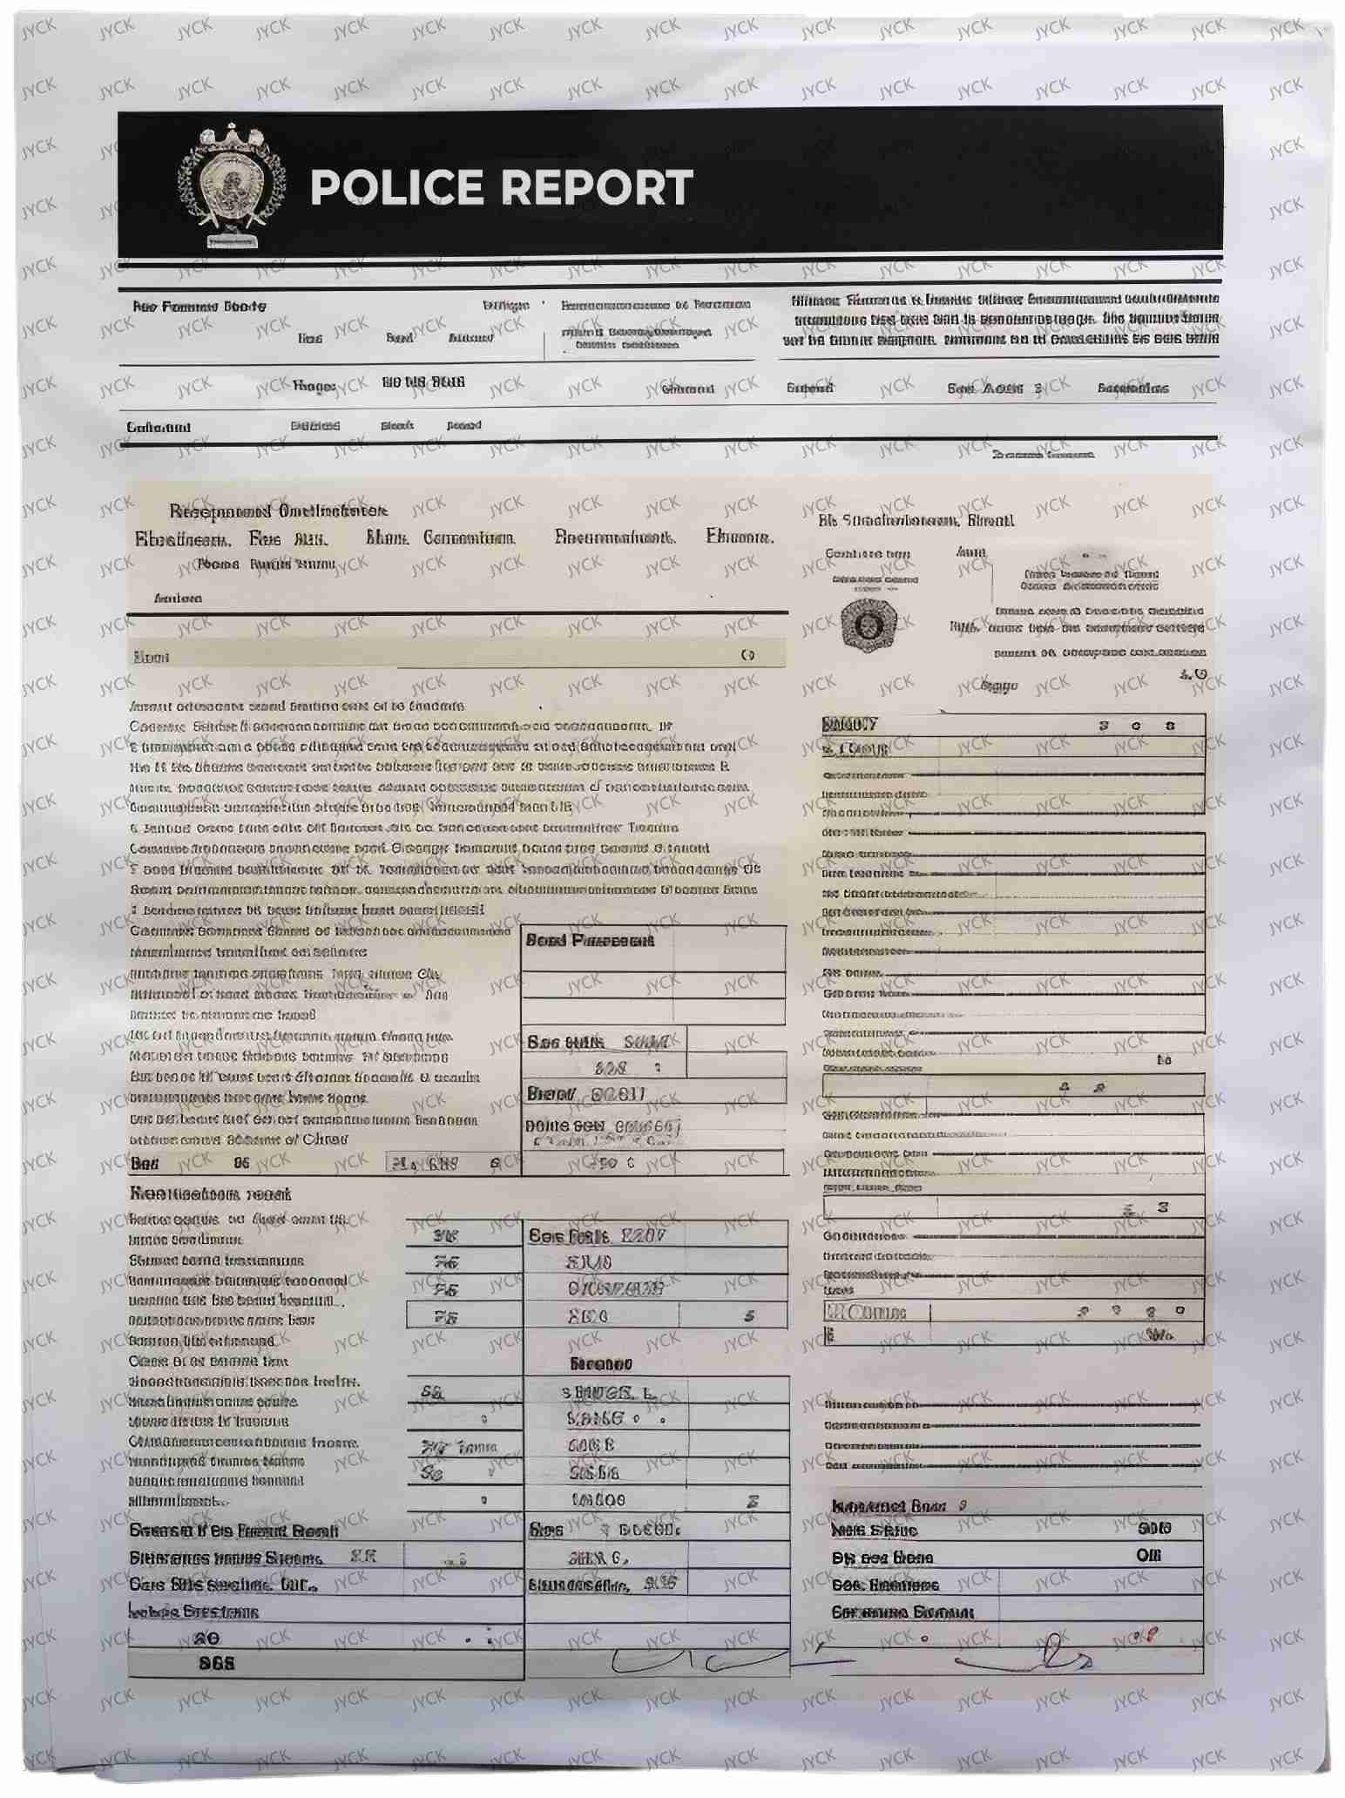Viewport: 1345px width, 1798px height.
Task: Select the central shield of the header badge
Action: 230,184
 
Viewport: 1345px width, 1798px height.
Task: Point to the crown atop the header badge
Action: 231,135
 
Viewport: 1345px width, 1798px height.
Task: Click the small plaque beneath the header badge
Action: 230,240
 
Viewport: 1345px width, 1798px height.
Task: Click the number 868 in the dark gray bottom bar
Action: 216,1663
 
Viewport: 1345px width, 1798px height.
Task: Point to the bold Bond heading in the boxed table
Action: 589,941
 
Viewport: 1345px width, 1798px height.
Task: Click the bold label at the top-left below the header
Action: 199,307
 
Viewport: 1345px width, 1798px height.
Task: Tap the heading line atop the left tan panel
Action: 278,510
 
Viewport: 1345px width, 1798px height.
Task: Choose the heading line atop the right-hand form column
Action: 916,521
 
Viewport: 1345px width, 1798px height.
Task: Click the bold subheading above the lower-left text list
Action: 210,1193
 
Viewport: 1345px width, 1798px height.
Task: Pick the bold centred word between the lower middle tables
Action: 600,1363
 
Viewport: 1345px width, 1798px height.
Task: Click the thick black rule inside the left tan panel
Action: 457,613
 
